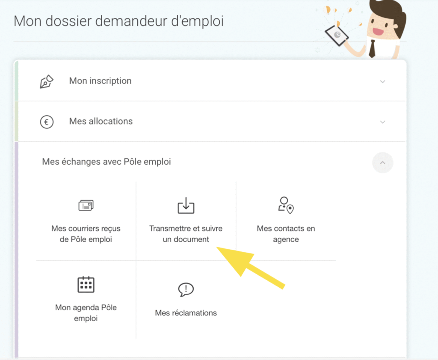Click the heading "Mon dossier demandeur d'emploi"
[x=118, y=21]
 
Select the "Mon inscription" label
[x=100, y=81]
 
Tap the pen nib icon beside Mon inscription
[x=47, y=81]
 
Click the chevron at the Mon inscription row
[x=382, y=81]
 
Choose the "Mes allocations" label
[x=101, y=122]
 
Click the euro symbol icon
[x=47, y=122]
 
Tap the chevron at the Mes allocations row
[x=382, y=122]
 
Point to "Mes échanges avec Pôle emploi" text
[x=107, y=162]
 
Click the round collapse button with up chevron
[x=382, y=163]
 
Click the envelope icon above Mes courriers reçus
[x=86, y=205]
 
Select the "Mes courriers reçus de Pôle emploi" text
[x=86, y=234]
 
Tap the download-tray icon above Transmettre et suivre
[x=186, y=205]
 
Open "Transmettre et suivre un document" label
[x=186, y=234]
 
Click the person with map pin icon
[x=285, y=205]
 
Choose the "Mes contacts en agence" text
[x=286, y=234]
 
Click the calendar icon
[x=86, y=284]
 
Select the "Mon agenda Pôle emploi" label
[x=86, y=313]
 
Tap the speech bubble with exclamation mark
[x=186, y=289]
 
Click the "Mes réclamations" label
[x=186, y=313]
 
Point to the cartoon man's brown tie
[x=372, y=48]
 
